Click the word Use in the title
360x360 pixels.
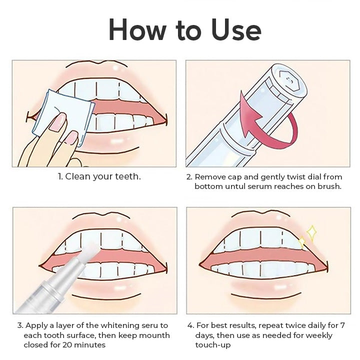click(236, 29)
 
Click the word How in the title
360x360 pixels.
click(137, 29)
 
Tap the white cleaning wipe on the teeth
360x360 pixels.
click(63, 117)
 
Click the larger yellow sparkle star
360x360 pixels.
click(312, 233)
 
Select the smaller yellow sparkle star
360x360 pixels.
click(302, 242)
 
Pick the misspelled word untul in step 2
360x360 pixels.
click(235, 186)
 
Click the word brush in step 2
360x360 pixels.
click(329, 186)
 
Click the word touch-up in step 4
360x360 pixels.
click(213, 345)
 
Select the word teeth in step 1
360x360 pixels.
click(127, 176)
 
